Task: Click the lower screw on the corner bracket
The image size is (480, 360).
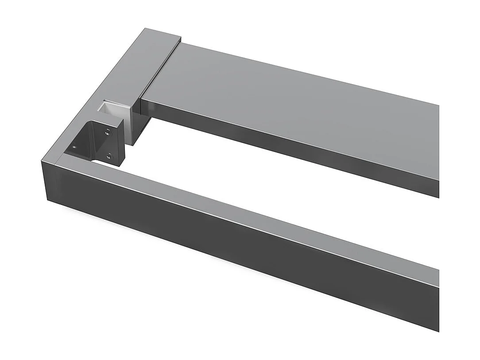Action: [110, 156]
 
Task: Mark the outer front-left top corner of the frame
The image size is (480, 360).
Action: [43, 161]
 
